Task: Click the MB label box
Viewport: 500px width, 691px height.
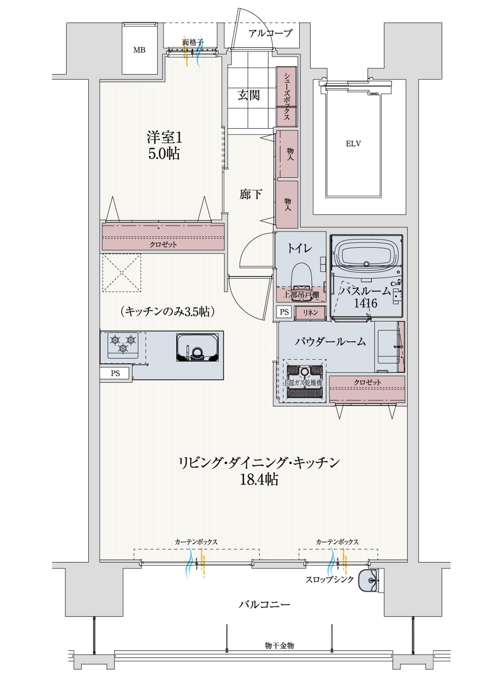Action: coord(140,50)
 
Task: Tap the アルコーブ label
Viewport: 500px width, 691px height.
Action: coord(270,33)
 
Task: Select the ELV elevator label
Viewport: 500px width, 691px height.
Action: coord(353,144)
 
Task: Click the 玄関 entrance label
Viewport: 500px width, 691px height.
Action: coord(249,95)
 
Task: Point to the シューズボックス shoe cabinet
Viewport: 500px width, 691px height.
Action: coord(287,97)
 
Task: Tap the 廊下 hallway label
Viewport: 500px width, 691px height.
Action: coord(251,194)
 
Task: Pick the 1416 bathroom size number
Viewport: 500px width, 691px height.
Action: coord(365,303)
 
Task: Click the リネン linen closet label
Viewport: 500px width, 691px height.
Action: coord(310,313)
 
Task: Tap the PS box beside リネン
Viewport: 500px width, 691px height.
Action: coord(284,312)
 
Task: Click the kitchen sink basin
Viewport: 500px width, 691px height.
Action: coord(197,348)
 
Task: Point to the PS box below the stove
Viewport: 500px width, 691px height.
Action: coord(115,373)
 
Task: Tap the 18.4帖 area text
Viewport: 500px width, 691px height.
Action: coord(259,480)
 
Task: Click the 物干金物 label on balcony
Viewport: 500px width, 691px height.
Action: coord(279,646)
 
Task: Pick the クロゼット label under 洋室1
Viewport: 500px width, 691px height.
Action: coord(163,245)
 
